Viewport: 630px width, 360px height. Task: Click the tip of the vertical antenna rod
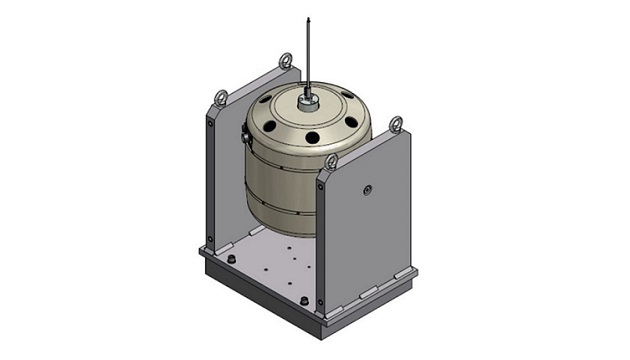[308, 18]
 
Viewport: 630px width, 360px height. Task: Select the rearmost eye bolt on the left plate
[285, 62]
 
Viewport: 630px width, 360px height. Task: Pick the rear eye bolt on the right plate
[396, 125]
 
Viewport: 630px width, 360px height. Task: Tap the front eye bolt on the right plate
[331, 162]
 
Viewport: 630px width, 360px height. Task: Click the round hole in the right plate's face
[369, 189]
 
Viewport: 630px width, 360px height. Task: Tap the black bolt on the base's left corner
[231, 260]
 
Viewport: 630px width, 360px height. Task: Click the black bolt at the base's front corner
[300, 299]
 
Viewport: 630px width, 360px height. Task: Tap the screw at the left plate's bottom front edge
[211, 237]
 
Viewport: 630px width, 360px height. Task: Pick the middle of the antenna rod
[308, 55]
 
